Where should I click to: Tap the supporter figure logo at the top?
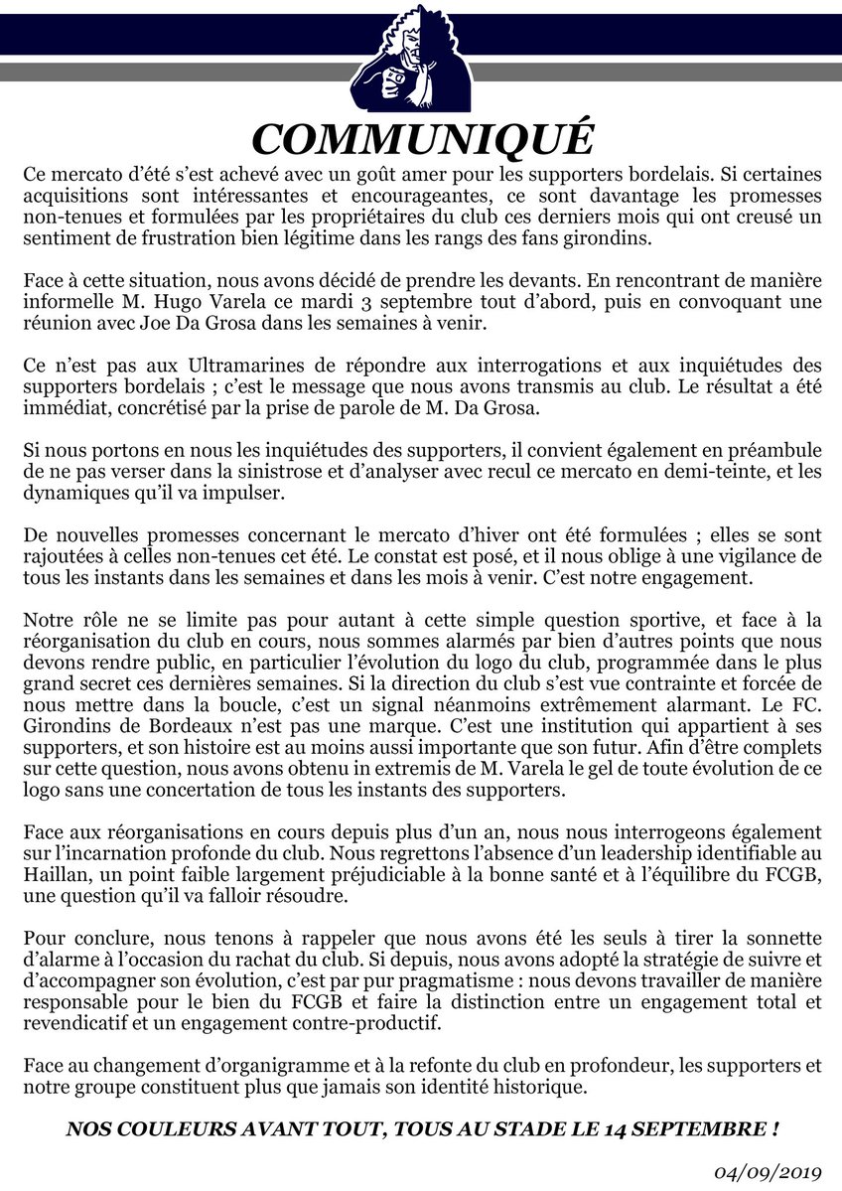point(422,62)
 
